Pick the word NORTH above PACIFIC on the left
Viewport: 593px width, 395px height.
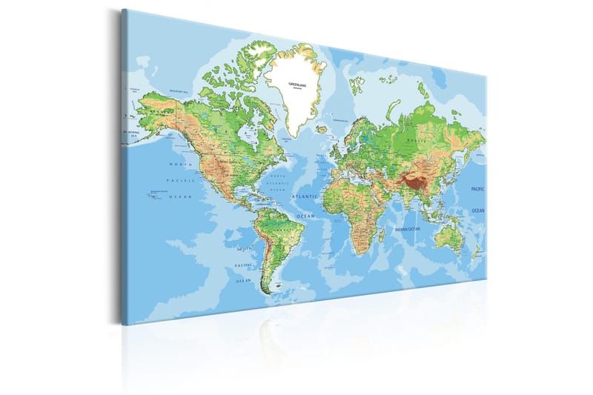[x=181, y=164]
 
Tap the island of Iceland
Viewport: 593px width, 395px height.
[x=321, y=129]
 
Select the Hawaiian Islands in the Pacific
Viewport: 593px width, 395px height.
[x=155, y=194]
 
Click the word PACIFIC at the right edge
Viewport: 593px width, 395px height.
[x=478, y=190]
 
